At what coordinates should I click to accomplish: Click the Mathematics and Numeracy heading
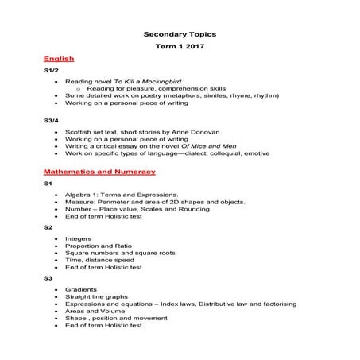tap(99, 172)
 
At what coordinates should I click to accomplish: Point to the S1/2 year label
tap(52, 70)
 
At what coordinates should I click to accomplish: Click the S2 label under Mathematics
tap(48, 227)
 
